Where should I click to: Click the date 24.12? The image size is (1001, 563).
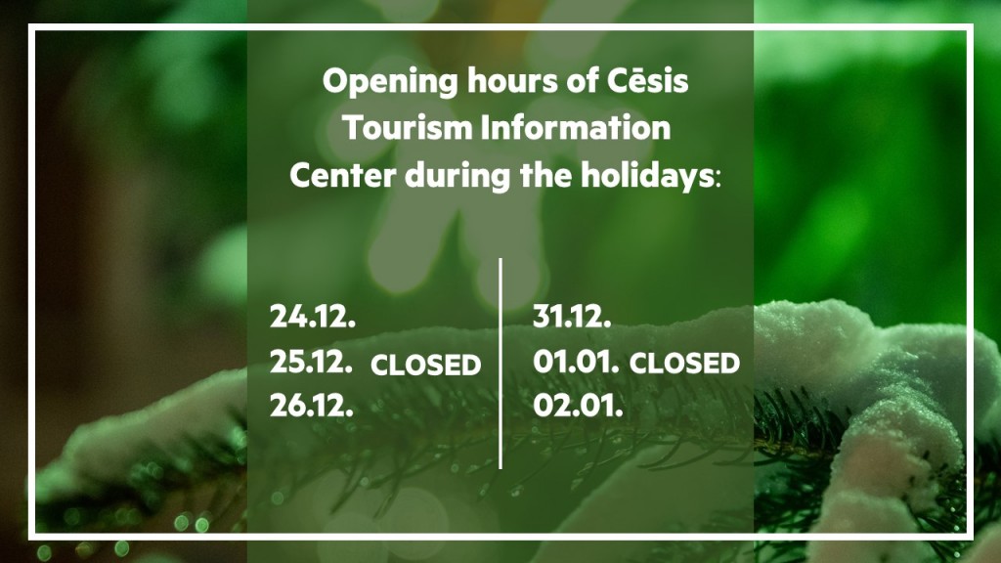[312, 316]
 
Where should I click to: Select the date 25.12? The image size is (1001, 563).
[311, 362]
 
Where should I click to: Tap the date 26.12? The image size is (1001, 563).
[312, 406]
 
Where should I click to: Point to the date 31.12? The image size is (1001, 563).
[572, 316]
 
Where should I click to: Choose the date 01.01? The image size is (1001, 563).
[576, 362]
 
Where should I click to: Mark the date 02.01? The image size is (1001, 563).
[578, 406]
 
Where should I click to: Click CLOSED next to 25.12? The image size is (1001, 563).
[426, 366]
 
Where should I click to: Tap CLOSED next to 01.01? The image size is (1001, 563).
[684, 364]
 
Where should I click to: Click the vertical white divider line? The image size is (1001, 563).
[500, 364]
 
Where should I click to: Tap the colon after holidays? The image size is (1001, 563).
[718, 179]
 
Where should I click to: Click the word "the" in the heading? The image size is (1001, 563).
[545, 175]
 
